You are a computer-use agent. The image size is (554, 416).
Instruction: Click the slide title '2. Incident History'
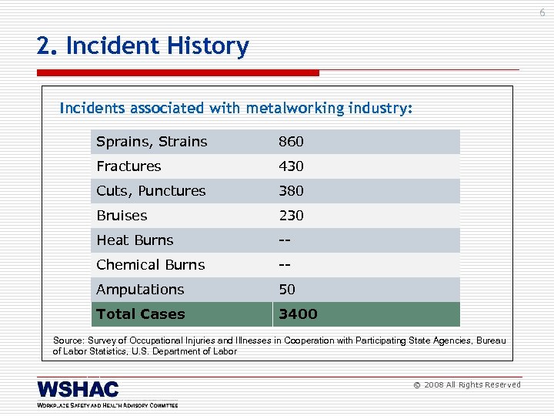pyautogui.click(x=143, y=47)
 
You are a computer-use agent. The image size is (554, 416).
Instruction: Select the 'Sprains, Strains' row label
pyautogui.click(x=152, y=142)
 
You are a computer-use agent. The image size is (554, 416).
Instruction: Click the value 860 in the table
pyautogui.click(x=291, y=142)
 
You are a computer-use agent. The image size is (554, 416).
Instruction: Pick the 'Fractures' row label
pyautogui.click(x=128, y=166)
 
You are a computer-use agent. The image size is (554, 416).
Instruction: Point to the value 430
pyautogui.click(x=291, y=166)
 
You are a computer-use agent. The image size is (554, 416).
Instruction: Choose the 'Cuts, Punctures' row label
pyautogui.click(x=151, y=191)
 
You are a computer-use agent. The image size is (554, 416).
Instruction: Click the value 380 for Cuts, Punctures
pyautogui.click(x=291, y=191)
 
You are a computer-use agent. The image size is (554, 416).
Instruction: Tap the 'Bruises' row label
pyautogui.click(x=122, y=216)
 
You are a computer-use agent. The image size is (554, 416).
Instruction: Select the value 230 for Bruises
pyautogui.click(x=291, y=216)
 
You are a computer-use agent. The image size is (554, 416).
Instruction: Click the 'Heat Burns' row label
pyautogui.click(x=135, y=240)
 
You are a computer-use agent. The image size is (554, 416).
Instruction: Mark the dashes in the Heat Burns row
pyautogui.click(x=285, y=240)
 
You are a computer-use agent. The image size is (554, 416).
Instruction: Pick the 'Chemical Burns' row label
pyautogui.click(x=150, y=265)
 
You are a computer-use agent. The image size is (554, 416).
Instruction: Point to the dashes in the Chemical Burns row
pyautogui.click(x=285, y=265)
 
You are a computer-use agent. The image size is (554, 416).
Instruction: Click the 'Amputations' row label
pyautogui.click(x=140, y=290)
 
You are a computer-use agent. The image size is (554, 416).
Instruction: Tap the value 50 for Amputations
pyautogui.click(x=286, y=290)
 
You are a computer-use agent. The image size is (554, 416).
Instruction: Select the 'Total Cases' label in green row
pyautogui.click(x=140, y=314)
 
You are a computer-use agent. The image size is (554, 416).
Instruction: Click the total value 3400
pyautogui.click(x=297, y=314)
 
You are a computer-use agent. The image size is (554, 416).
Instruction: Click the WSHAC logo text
pyautogui.click(x=78, y=389)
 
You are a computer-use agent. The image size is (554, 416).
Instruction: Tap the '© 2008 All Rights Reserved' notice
pyautogui.click(x=467, y=385)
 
